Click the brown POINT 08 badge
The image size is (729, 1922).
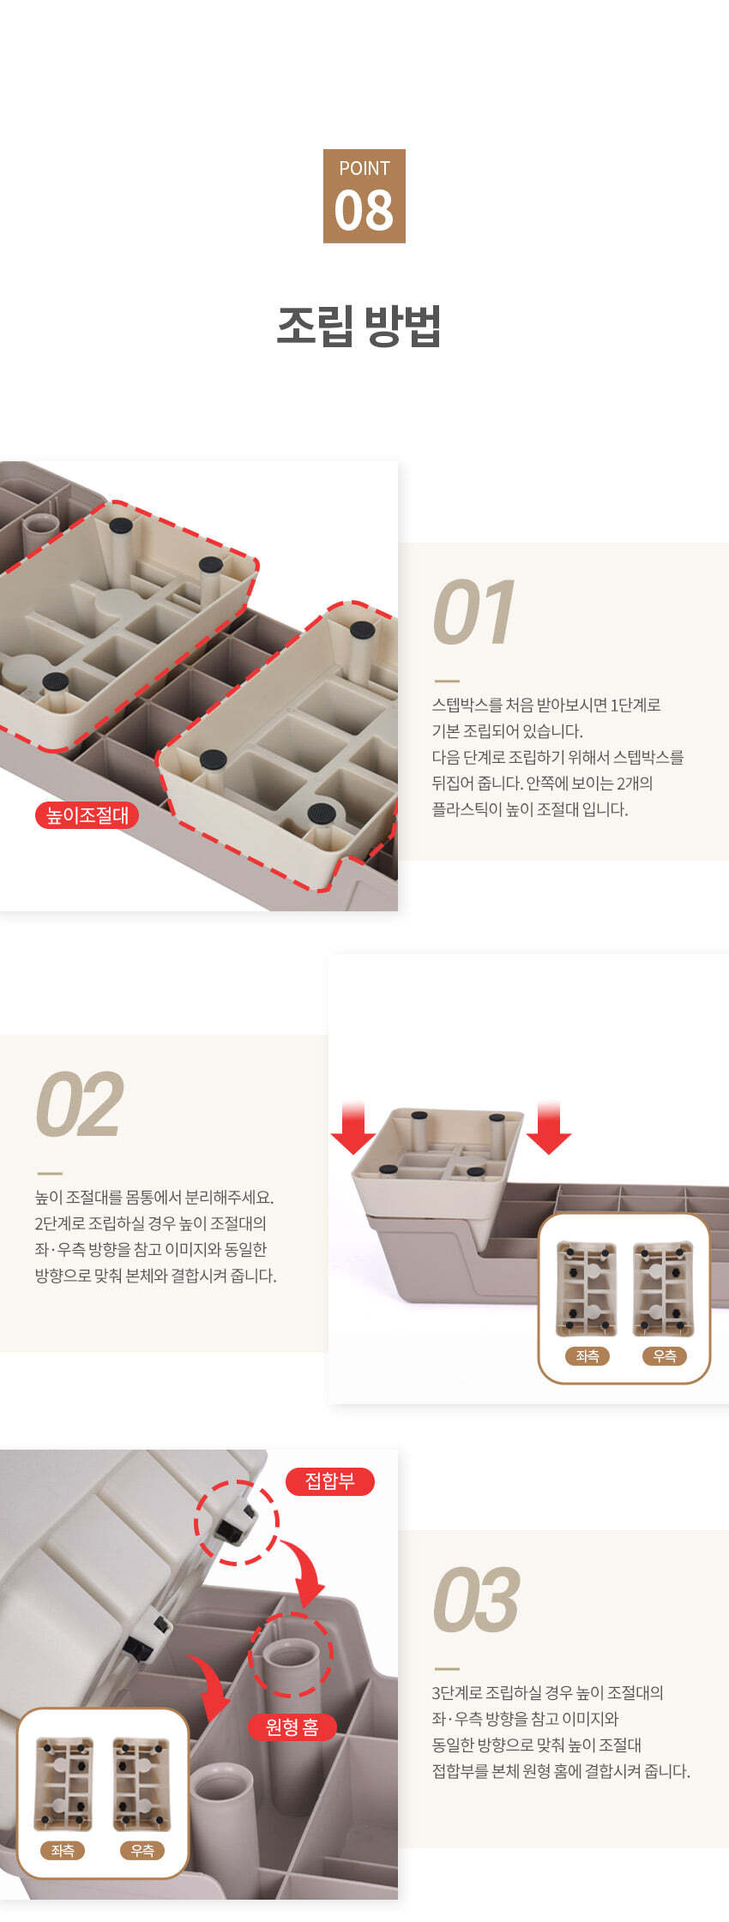click(x=364, y=196)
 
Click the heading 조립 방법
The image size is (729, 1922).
click(x=359, y=325)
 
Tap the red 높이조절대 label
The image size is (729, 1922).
click(x=87, y=815)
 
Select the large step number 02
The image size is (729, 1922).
click(x=79, y=1105)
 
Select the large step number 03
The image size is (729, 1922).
click(x=476, y=1601)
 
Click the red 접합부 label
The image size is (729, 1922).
click(x=330, y=1481)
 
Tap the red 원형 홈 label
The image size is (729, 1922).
click(x=292, y=1727)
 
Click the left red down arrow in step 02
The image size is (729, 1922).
click(x=352, y=1128)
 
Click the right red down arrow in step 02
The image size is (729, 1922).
click(x=549, y=1128)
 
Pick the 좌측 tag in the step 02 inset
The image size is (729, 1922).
click(x=587, y=1355)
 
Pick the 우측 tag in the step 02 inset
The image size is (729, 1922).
click(x=665, y=1355)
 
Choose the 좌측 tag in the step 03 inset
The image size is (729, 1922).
click(x=63, y=1850)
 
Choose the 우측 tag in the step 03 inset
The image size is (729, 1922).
click(x=142, y=1850)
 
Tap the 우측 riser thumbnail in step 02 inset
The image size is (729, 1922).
click(x=663, y=1288)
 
